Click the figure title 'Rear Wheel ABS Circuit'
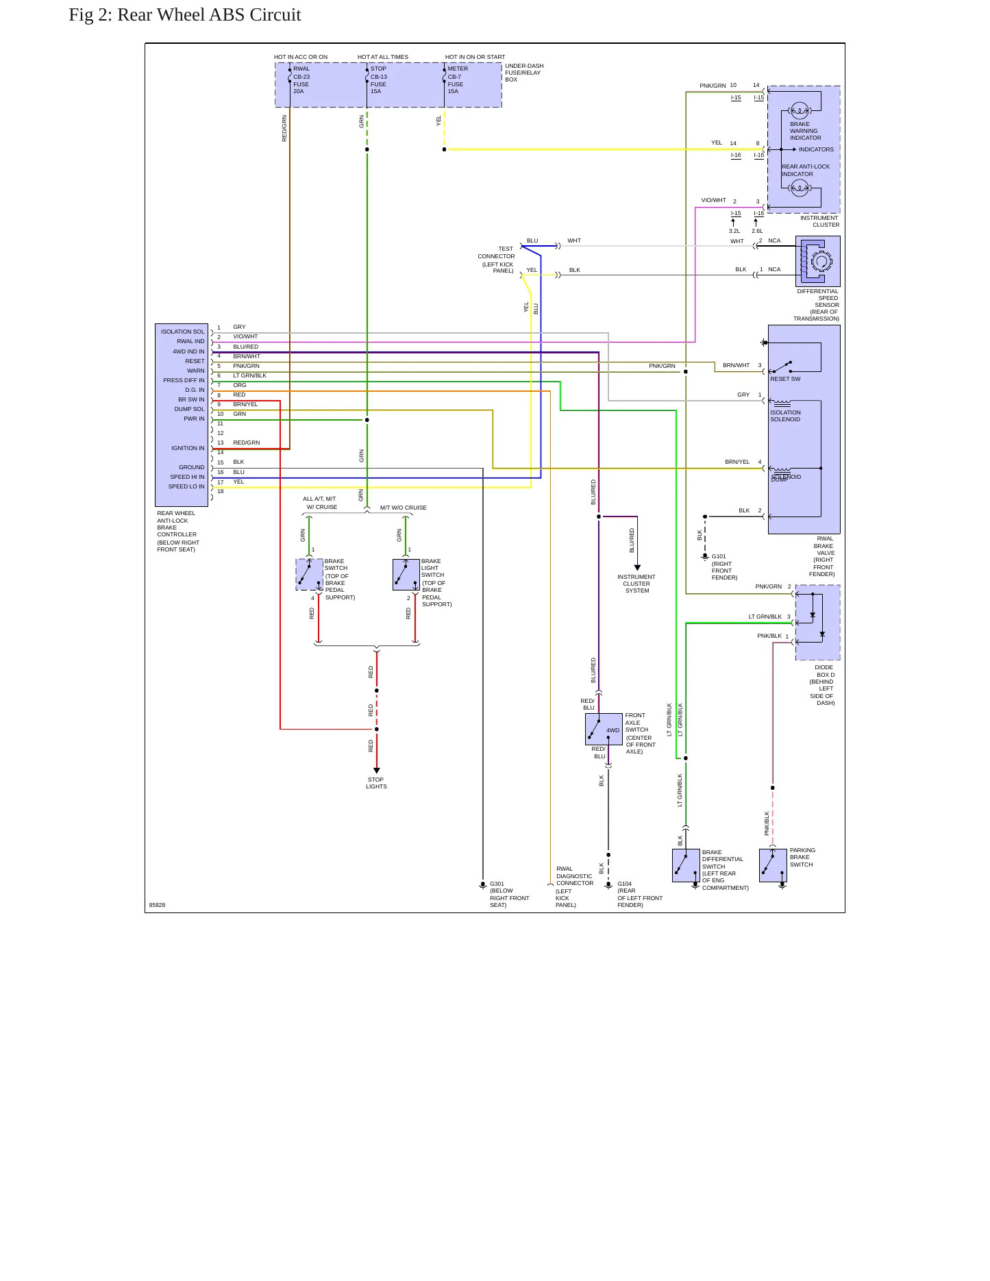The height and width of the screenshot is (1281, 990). [209, 15]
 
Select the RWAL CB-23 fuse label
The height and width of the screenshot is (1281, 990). [301, 80]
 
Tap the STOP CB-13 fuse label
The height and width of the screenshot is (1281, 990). [379, 80]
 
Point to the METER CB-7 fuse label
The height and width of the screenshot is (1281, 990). [458, 80]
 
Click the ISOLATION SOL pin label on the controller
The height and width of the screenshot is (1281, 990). [182, 332]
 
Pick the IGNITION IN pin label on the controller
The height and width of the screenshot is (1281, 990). [188, 448]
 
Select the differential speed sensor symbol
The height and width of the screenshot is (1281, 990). [818, 261]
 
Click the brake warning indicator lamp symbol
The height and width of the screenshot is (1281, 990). [799, 110]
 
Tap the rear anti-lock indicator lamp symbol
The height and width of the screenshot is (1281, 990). [799, 188]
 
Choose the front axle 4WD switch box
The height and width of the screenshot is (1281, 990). [604, 729]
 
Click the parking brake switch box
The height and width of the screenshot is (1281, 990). [773, 865]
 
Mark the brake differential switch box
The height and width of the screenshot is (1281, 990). [686, 865]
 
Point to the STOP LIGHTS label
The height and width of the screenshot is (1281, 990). [376, 783]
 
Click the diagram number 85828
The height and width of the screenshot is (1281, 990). [157, 905]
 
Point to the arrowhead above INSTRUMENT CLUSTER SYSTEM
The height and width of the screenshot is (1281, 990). [637, 567]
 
